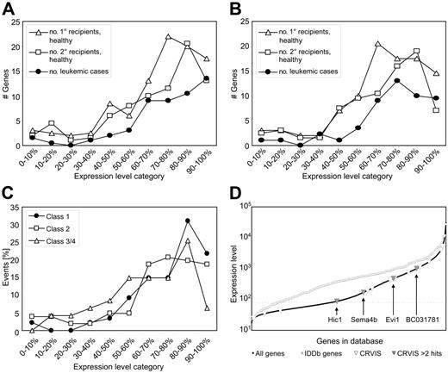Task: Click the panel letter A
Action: (7, 8)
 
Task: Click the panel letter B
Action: (233, 8)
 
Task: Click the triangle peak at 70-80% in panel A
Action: (167, 36)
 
